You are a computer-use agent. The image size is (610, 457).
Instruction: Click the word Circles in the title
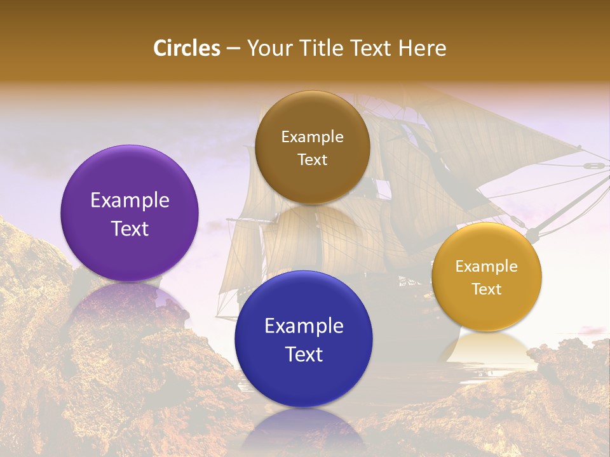pyautogui.click(x=187, y=48)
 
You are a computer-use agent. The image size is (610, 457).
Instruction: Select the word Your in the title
pyautogui.click(x=266, y=48)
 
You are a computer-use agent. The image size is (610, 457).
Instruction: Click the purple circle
pyautogui.click(x=130, y=213)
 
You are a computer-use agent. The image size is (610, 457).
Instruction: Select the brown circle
pyautogui.click(x=313, y=148)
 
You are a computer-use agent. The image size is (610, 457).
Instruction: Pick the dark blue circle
pyautogui.click(x=304, y=339)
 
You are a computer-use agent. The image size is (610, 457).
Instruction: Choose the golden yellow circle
pyautogui.click(x=487, y=277)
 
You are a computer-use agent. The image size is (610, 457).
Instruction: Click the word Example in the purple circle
pyautogui.click(x=130, y=200)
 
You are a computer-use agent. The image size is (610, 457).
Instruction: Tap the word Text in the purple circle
pyautogui.click(x=130, y=228)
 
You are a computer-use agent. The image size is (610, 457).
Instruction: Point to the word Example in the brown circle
pyautogui.click(x=313, y=137)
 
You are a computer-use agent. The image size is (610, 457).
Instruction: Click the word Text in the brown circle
pyautogui.click(x=313, y=159)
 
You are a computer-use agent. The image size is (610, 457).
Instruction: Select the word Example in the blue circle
pyautogui.click(x=304, y=326)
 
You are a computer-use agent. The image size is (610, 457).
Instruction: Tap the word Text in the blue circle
pyautogui.click(x=304, y=354)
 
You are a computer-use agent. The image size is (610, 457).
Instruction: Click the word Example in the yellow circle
pyautogui.click(x=487, y=267)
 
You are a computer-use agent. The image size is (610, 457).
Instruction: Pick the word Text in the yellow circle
pyautogui.click(x=487, y=289)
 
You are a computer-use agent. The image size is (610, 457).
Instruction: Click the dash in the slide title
pyautogui.click(x=233, y=49)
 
